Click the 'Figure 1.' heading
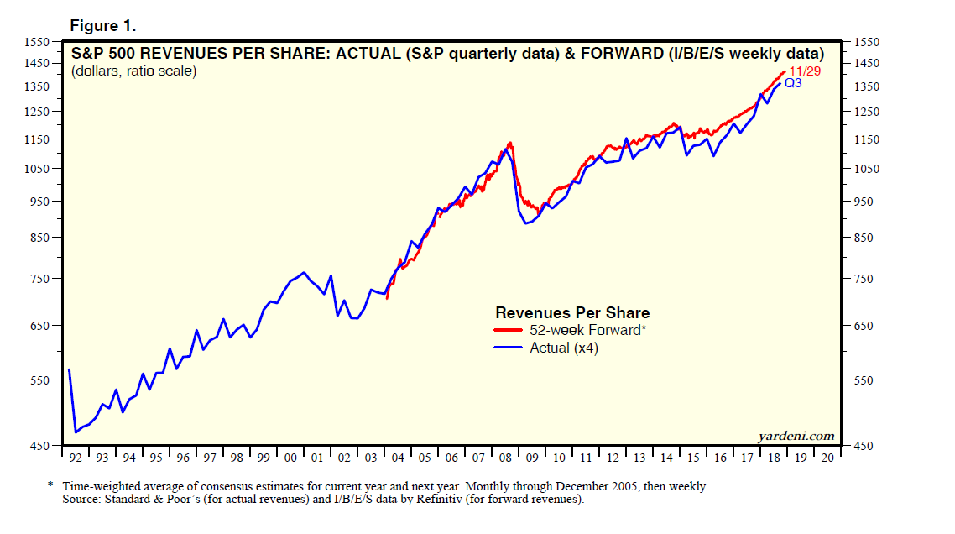pos(103,26)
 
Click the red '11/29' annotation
pos(803,71)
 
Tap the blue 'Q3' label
pos(793,83)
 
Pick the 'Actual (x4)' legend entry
pos(563,347)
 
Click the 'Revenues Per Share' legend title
pos(572,313)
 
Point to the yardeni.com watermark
pos(796,435)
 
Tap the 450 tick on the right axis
pos(864,446)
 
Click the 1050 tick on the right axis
pos(868,169)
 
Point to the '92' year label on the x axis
pos(76,458)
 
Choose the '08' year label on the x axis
pos(505,458)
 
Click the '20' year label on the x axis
pos(827,458)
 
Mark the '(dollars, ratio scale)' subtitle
pos(133,71)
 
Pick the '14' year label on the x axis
pos(666,458)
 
